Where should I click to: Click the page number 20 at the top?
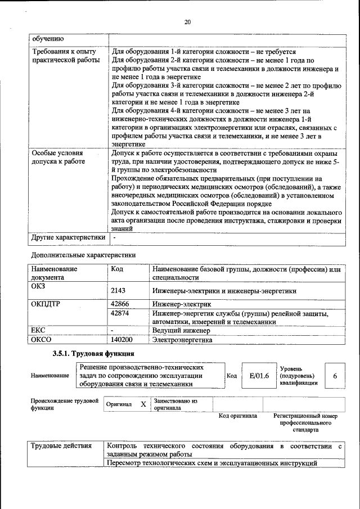[187, 22]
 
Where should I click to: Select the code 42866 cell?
[121, 304]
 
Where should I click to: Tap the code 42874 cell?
[121, 313]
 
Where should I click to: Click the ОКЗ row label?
[38, 286]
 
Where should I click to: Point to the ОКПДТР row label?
[45, 304]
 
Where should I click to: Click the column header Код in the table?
[117, 269]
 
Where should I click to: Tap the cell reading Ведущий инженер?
[179, 331]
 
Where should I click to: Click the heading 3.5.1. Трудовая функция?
[93, 354]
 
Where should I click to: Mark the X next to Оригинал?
[143, 404]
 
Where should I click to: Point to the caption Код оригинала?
[237, 416]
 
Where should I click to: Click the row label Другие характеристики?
[68, 237]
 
